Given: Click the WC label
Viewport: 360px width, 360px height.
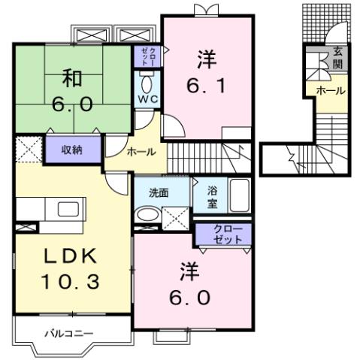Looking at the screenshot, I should [x=145, y=98].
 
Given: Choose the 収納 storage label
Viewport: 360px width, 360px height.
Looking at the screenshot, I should [x=71, y=149].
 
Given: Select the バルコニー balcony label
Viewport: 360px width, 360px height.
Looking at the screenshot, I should [x=68, y=331].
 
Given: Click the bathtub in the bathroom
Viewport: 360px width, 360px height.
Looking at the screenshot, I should [x=239, y=198].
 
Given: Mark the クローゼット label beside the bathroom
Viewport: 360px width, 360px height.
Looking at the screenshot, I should [x=225, y=233].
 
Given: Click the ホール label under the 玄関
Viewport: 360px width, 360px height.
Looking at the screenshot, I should [x=330, y=90].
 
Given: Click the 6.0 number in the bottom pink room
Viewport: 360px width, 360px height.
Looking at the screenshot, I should [x=189, y=298].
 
